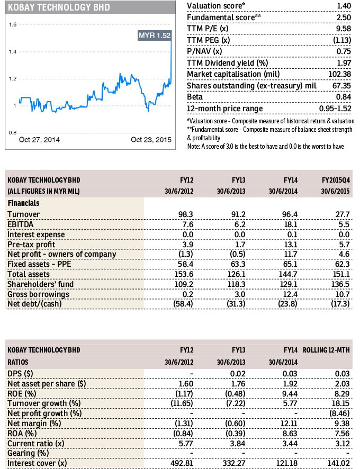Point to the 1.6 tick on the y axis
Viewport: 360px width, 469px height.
pos(13,25)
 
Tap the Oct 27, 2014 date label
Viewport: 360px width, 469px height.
pos(39,140)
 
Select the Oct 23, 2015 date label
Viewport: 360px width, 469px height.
pos(151,140)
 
